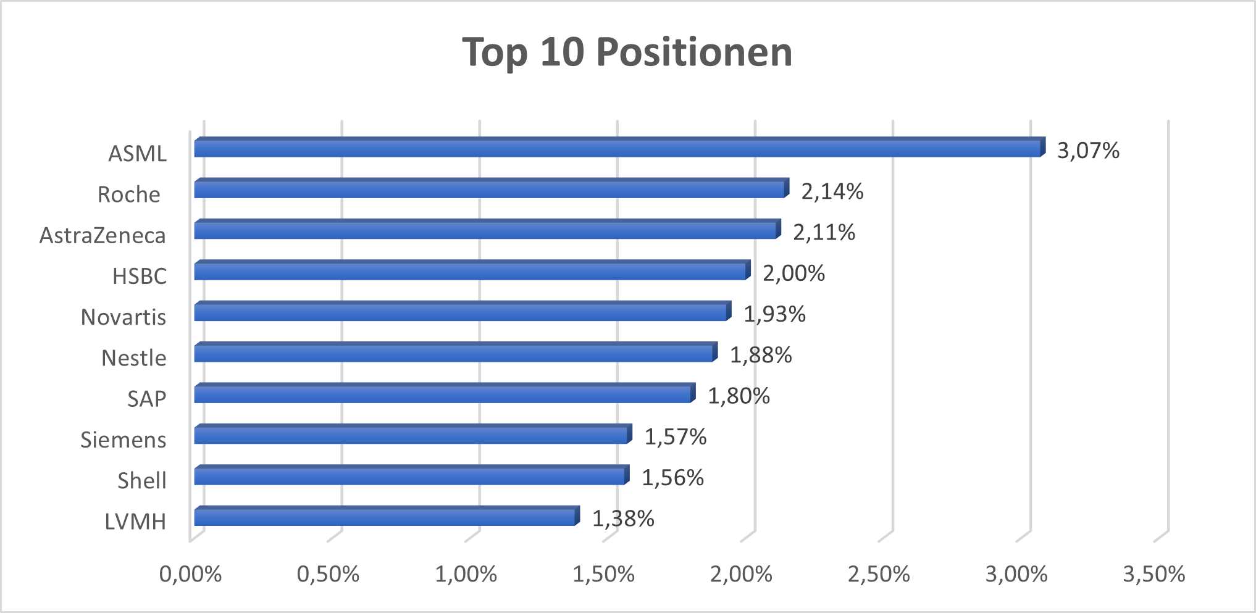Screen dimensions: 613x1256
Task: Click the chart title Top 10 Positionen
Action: (627, 52)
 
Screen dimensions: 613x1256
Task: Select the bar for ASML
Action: (618, 148)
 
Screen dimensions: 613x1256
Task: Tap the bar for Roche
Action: (491, 189)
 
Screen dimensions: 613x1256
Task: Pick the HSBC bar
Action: (471, 271)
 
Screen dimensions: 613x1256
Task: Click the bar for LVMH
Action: (386, 517)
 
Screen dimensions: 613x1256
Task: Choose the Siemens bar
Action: (412, 435)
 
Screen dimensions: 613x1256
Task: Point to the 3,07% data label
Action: (1088, 151)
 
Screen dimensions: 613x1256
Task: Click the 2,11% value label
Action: (824, 233)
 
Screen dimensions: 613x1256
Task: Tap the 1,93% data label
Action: (774, 315)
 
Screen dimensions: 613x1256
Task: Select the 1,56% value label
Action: (672, 478)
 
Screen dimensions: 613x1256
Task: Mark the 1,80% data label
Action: (739, 396)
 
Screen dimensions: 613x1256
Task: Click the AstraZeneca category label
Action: (103, 236)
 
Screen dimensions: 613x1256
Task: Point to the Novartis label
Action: (124, 317)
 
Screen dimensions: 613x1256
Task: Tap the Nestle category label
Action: (134, 358)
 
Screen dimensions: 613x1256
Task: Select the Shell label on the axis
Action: (142, 481)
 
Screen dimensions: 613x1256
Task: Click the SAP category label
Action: (147, 399)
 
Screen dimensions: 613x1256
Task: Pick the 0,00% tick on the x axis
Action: (190, 575)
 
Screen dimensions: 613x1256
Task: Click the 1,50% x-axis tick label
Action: (603, 575)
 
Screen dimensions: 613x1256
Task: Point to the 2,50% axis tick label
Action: (879, 575)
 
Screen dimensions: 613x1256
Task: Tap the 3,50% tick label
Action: (1153, 575)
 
